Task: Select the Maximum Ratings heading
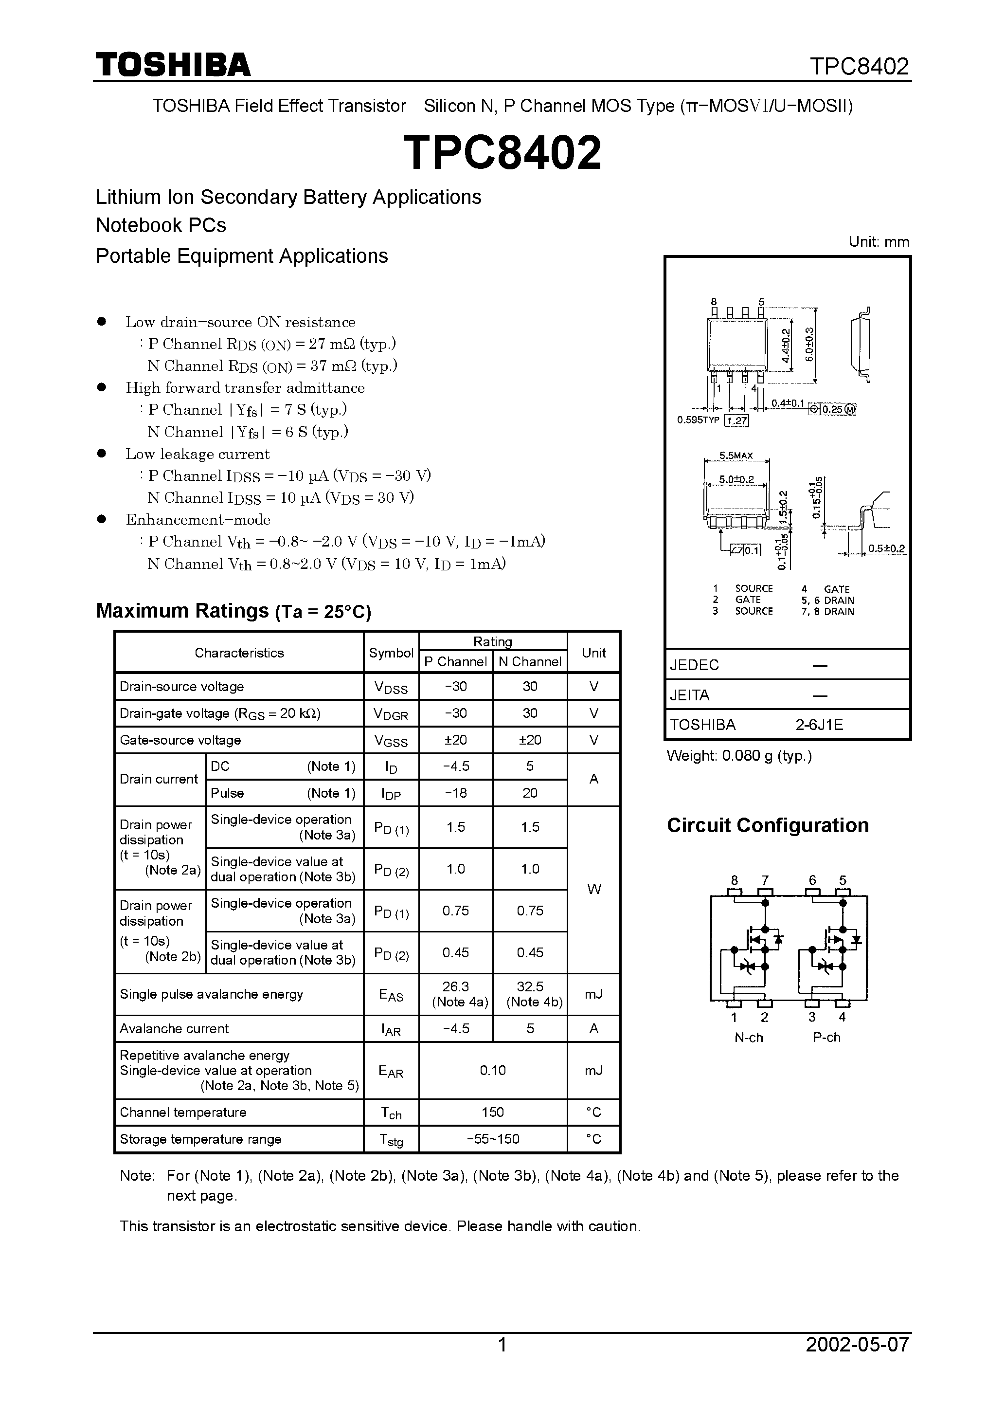pos(233,611)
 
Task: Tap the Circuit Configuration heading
pos(768,825)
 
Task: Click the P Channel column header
pos(455,662)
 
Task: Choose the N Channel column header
pos(530,662)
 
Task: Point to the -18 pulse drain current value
pos(455,793)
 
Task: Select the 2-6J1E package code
pos(819,725)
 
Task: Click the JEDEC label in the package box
pos(694,665)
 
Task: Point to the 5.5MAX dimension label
pos(736,456)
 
